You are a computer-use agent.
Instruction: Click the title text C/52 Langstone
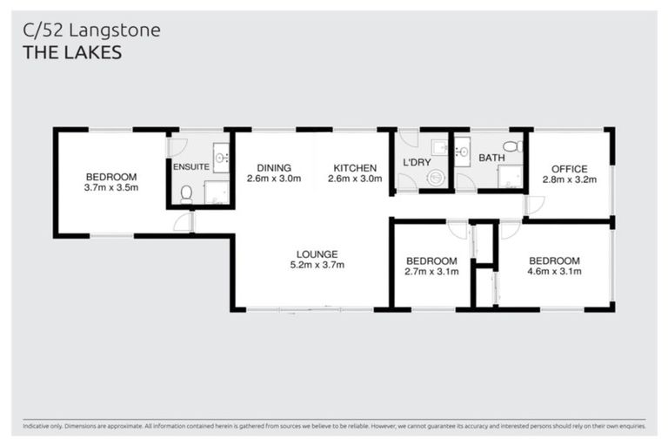coord(91,30)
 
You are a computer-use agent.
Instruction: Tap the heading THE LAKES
coord(72,52)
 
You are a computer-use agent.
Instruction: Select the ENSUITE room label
coord(190,167)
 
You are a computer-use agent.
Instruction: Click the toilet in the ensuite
coord(186,194)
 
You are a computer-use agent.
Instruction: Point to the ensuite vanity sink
coord(221,158)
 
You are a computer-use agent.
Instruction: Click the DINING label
coord(273,168)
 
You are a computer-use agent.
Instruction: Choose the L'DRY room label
coord(417,163)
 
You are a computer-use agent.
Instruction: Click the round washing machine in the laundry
coord(436,178)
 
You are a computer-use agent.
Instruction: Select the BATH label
coord(491,159)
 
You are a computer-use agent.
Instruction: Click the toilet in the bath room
coord(512,146)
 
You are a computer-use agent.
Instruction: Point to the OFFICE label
coord(565,169)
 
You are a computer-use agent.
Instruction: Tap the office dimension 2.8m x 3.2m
coord(565,180)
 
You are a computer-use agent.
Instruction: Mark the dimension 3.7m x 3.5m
coord(111,187)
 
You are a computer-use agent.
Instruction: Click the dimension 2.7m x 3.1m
coord(431,272)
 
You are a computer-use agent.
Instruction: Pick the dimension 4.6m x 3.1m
coord(554,272)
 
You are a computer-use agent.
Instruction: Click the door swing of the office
coord(535,206)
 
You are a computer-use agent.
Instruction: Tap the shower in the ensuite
coord(216,193)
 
